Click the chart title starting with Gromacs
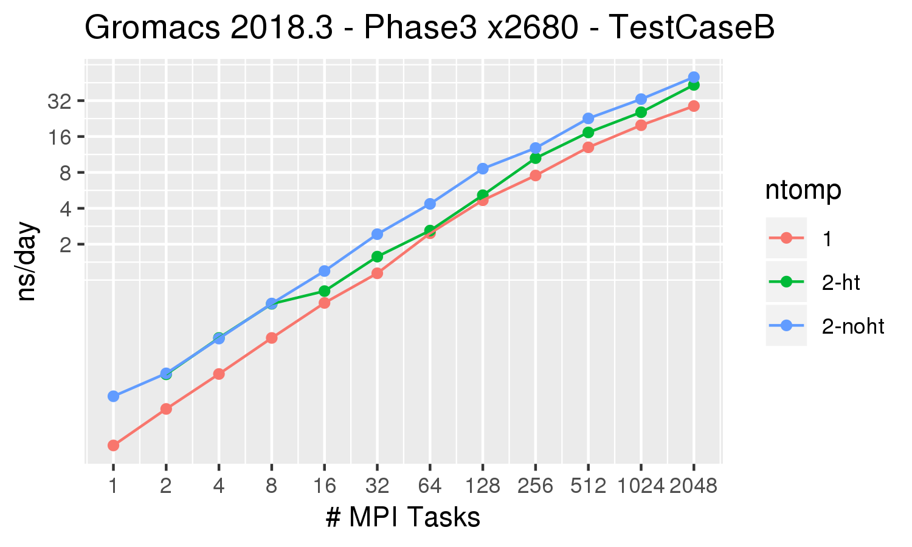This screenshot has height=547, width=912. point(429,28)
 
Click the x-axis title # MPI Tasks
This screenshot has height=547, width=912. point(403,518)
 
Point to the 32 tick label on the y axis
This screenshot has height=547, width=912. point(60,101)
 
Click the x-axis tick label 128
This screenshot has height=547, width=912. point(483,486)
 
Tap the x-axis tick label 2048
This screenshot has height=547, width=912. point(693,486)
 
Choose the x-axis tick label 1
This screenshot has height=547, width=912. point(113,486)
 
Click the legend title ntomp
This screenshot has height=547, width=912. point(803,190)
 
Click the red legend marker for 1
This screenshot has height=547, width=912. point(786,238)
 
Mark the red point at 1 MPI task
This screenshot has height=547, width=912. point(113,446)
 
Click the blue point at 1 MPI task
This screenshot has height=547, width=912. point(113,396)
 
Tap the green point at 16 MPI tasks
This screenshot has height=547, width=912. point(324,291)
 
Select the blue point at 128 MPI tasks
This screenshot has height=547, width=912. point(483,168)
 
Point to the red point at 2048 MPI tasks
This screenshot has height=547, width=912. point(693,106)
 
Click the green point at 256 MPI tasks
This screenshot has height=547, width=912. point(535,158)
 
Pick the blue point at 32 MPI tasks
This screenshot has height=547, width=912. point(377,234)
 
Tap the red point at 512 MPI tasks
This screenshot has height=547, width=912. point(588,147)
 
